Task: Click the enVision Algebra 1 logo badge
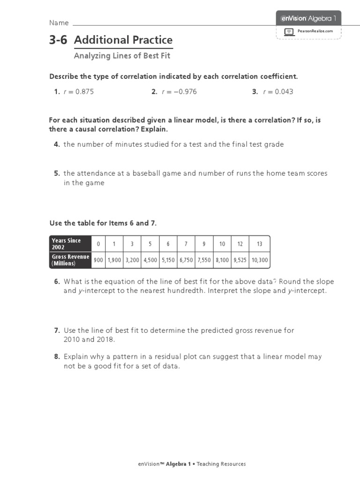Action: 308,18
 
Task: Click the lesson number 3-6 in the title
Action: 58,40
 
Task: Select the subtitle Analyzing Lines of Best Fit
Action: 122,56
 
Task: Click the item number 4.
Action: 56,144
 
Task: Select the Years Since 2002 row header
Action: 70,244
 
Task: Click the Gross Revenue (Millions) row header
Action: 70,260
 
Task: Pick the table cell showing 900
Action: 98,260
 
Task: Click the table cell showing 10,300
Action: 260,260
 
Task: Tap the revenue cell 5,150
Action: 168,260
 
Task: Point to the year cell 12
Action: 240,244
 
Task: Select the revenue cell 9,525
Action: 240,260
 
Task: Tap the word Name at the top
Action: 59,23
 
